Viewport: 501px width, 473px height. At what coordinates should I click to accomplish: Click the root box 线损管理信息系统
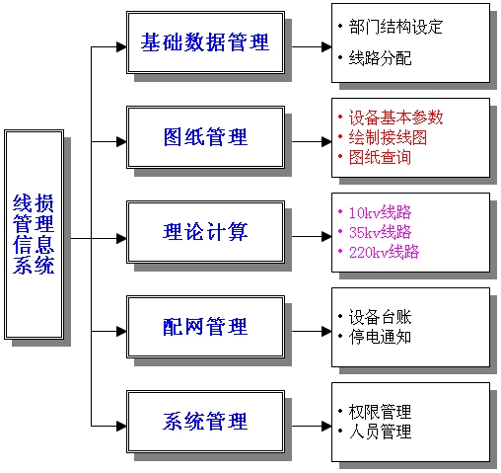(x=34, y=234)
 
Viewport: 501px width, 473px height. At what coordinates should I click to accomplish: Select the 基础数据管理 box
(x=205, y=42)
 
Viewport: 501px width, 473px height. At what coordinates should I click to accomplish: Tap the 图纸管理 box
(x=205, y=137)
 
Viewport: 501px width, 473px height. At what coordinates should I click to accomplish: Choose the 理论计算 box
(x=205, y=232)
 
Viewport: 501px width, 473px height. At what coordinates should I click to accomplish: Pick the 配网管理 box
(x=205, y=327)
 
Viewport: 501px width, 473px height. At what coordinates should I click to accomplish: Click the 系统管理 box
(x=205, y=422)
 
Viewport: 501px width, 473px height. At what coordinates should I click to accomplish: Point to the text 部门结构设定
(x=395, y=27)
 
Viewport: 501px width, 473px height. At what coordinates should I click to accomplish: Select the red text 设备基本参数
(x=395, y=118)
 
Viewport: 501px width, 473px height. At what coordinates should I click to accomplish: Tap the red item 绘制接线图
(x=388, y=137)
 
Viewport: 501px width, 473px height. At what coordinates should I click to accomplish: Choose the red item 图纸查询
(x=380, y=157)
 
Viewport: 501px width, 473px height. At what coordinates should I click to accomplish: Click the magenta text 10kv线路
(x=380, y=212)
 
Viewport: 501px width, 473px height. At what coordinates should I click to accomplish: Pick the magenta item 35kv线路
(x=380, y=232)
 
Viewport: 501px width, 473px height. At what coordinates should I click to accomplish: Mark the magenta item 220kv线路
(x=384, y=252)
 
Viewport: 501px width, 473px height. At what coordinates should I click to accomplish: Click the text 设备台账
(x=380, y=317)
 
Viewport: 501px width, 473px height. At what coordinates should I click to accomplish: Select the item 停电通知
(x=380, y=337)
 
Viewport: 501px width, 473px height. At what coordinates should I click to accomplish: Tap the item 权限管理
(x=380, y=412)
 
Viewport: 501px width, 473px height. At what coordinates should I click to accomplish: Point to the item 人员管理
(x=380, y=432)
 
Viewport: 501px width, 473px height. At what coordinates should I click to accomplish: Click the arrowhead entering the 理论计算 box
(x=121, y=238)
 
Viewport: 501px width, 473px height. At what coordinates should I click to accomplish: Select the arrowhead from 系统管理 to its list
(x=326, y=426)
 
